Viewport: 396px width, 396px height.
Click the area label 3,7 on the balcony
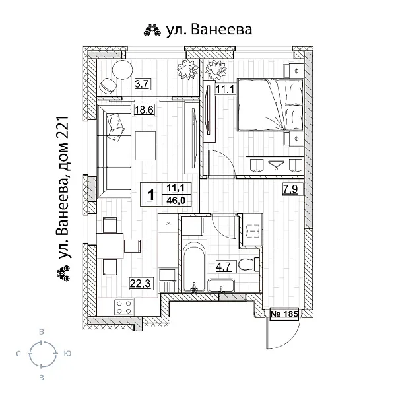141,84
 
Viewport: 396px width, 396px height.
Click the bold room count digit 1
151,195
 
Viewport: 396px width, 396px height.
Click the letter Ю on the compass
67,354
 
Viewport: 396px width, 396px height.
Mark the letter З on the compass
42,378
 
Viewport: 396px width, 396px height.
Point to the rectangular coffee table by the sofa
145,145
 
